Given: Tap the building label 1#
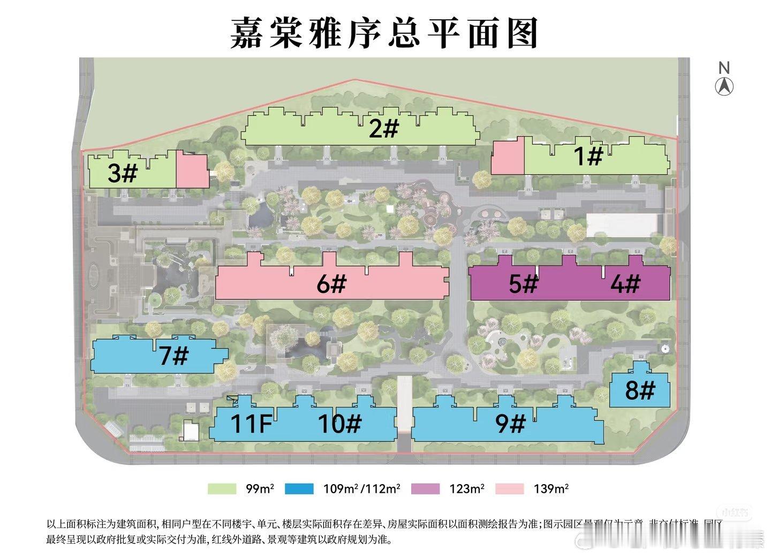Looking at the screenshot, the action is tap(588, 156).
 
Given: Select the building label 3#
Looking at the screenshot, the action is tap(123, 174).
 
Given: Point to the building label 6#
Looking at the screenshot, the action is tap(331, 284).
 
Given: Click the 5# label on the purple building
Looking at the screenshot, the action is tap(523, 283).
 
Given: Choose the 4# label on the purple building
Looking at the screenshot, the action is tap(625, 283).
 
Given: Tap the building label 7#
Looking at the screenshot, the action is tap(173, 356).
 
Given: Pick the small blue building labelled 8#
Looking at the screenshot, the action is tap(640, 390).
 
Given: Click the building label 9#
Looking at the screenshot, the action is tap(510, 424).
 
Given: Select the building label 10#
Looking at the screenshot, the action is tap(340, 424).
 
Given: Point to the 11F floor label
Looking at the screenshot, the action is tap(251, 424).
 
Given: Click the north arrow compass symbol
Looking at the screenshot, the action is tap(724, 86).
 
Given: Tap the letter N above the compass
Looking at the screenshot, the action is tap(724, 68).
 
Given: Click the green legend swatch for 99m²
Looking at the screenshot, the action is tap(222, 488).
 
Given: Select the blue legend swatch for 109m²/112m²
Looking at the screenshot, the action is tap(299, 488).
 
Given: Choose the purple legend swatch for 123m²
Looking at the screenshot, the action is tap(426, 488).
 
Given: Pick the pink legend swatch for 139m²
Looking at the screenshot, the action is tap(509, 488).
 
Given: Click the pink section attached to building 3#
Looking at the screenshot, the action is tap(192, 171).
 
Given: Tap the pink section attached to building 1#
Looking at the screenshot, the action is tap(508, 156).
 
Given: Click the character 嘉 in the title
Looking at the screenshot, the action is tap(250, 33).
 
